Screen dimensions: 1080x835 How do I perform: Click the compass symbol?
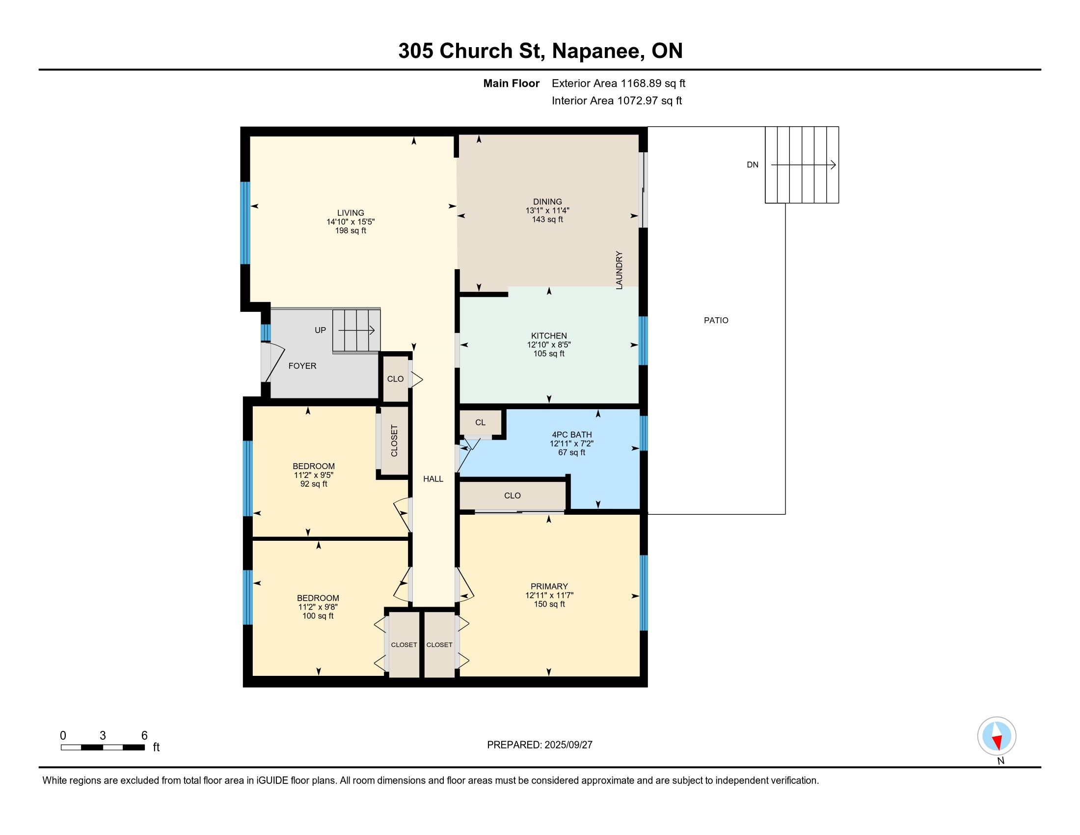click(x=997, y=736)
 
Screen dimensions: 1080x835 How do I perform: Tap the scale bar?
click(x=103, y=747)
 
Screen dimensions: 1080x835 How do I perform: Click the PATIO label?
click(x=716, y=321)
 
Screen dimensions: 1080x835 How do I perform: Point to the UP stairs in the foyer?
click(x=356, y=331)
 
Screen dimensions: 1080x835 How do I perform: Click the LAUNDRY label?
click(x=619, y=270)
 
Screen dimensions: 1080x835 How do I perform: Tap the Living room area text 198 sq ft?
click(x=351, y=230)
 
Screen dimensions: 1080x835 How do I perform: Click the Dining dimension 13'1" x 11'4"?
click(x=547, y=210)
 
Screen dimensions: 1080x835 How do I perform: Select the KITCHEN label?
click(x=549, y=336)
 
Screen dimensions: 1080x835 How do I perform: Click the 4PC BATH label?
click(x=571, y=435)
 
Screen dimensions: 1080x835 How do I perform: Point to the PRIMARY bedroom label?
click(x=549, y=586)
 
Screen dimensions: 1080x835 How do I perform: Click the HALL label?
click(x=433, y=479)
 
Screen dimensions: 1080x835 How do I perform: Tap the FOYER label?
click(x=302, y=366)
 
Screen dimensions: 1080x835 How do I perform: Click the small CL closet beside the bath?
click(x=481, y=422)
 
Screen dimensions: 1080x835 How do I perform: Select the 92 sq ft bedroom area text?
click(x=314, y=484)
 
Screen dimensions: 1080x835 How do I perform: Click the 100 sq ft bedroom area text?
click(x=318, y=616)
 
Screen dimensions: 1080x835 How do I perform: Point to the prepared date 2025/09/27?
click(x=568, y=745)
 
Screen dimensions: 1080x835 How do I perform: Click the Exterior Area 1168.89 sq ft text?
click(x=619, y=83)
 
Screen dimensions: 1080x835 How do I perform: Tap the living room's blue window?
click(x=245, y=223)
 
